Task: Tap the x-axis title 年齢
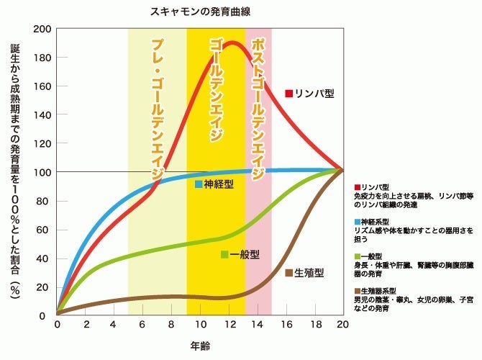(x=201, y=346)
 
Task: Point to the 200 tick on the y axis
(x=40, y=30)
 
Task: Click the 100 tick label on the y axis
(x=40, y=172)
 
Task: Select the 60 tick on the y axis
(x=42, y=229)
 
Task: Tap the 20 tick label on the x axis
(x=342, y=325)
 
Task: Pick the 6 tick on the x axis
(x=143, y=325)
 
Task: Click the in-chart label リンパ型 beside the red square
(x=315, y=94)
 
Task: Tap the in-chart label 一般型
(x=245, y=254)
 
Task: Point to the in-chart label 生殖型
(x=310, y=273)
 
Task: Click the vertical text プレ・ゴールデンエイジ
(x=157, y=108)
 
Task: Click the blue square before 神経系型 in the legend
(x=358, y=222)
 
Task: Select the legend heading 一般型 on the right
(x=371, y=256)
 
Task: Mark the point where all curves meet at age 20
(x=342, y=171)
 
